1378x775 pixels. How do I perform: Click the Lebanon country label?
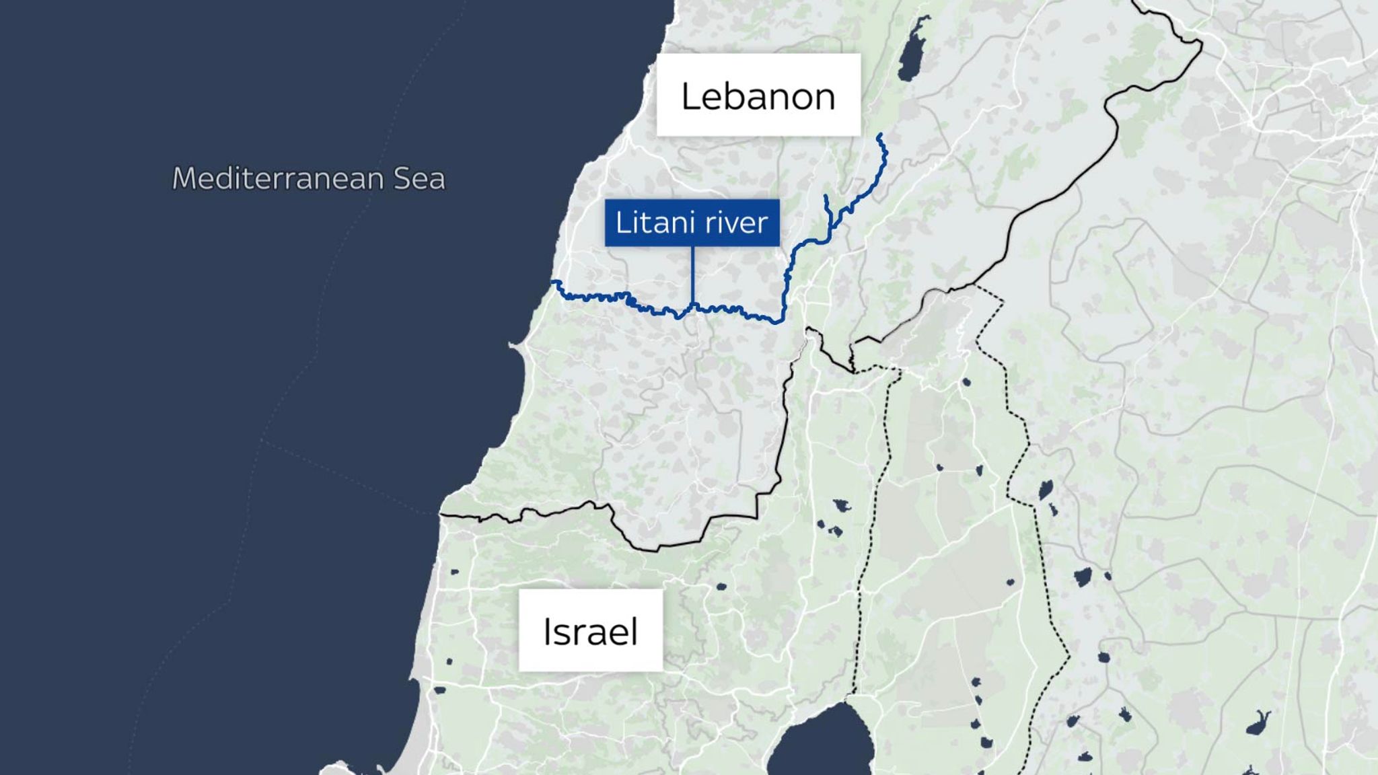click(x=758, y=96)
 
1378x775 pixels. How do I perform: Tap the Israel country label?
click(x=590, y=631)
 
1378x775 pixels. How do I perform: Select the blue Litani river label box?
click(x=692, y=223)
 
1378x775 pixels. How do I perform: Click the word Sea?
click(x=419, y=179)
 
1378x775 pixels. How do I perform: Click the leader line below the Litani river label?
click(x=692, y=276)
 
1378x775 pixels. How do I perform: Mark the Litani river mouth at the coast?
click(x=552, y=283)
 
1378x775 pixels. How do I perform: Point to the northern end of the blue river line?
click(x=879, y=136)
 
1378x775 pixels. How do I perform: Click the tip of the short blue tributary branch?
click(x=826, y=196)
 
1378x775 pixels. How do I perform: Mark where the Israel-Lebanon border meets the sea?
click(x=441, y=515)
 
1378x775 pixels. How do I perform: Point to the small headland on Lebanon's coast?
click(x=513, y=346)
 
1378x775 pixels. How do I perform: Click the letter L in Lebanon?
click(x=690, y=96)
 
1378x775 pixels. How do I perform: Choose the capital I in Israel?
click(x=547, y=632)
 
